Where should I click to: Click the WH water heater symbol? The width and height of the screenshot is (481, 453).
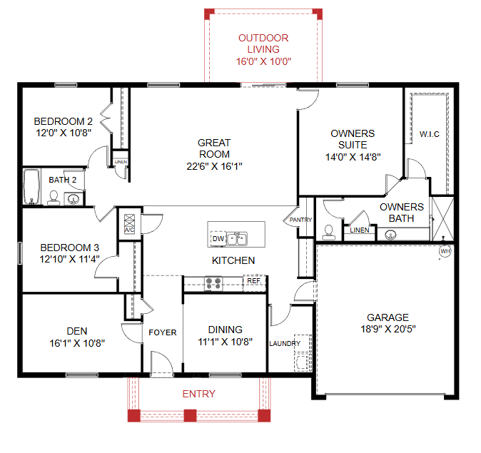(445, 251)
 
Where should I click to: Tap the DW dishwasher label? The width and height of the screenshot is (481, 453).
(218, 238)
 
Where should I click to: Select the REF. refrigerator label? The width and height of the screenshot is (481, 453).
(254, 280)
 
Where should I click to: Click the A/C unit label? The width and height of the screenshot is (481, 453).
(129, 230)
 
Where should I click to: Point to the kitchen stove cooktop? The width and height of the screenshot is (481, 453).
(213, 283)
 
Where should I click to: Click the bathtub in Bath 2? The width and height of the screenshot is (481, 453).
(31, 186)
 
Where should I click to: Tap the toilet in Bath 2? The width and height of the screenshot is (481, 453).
(54, 198)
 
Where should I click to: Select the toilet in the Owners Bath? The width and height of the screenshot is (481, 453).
(329, 233)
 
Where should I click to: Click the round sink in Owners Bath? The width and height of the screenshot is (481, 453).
(390, 235)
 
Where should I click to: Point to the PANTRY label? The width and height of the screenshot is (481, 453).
(300, 220)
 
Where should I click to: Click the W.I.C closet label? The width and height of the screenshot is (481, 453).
(429, 134)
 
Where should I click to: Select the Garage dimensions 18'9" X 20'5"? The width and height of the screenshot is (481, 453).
(388, 329)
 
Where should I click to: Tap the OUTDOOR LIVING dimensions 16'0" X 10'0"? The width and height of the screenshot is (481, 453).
(263, 61)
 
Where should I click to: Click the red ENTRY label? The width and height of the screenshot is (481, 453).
(199, 394)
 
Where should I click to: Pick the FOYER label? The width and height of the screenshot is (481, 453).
(163, 332)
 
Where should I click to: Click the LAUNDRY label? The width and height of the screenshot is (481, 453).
(285, 344)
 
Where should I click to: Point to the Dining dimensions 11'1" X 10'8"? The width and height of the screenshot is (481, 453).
(226, 342)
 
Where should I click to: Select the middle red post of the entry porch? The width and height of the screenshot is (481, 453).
(191, 415)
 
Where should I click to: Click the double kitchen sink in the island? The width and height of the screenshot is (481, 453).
(237, 239)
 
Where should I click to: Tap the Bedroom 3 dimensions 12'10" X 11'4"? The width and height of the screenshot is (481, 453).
(70, 259)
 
